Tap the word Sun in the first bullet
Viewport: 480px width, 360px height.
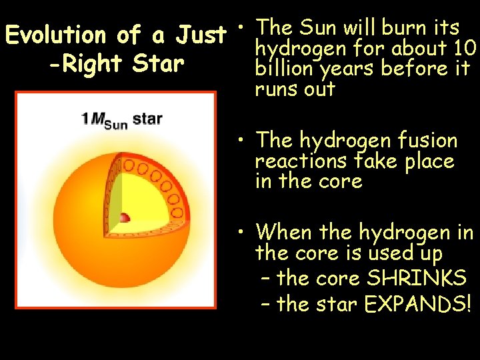pos(319,28)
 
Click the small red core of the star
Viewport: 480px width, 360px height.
pos(123,217)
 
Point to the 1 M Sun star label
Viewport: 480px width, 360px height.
pos(121,120)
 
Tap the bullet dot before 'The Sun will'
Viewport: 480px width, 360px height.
pos(245,28)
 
